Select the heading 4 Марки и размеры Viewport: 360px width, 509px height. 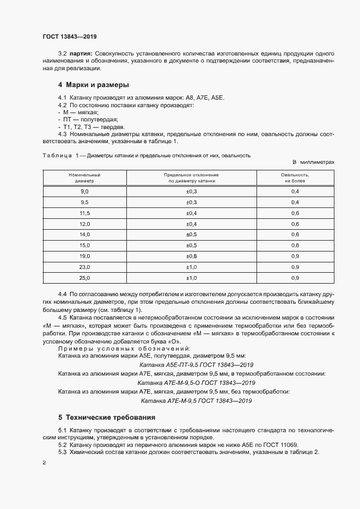pos(94,85)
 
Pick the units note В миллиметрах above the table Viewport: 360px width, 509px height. pos(313,162)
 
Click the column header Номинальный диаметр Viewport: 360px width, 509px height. pos(84,178)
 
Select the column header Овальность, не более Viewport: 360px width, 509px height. pos(295,178)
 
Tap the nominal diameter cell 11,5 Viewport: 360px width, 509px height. pos(84,213)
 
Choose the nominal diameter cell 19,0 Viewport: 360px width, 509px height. pos(84,256)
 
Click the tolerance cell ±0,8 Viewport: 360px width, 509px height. pos(191,256)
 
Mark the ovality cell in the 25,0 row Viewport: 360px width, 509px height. pos(295,278)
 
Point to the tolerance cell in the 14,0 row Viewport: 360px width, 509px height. pos(191,235)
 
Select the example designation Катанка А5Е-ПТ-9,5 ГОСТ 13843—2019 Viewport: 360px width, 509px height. pos(196,365)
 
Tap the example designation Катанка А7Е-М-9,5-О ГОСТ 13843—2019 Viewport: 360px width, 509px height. pos(196,383)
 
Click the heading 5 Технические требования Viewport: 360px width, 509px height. pos(107,418)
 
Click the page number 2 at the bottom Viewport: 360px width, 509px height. pos(44,463)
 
